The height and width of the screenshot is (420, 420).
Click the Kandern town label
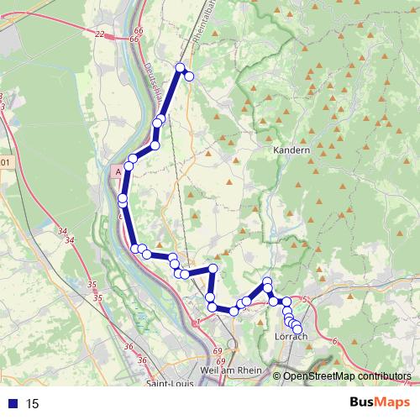point(291,150)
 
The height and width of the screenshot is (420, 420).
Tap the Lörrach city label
point(291,337)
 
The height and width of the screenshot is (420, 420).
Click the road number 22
point(101,34)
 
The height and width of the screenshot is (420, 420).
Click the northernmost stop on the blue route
point(180,67)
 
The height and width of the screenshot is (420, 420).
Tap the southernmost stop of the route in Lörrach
point(297,328)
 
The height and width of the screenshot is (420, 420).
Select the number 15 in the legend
point(33,404)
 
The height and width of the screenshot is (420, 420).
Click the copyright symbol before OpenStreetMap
point(277,376)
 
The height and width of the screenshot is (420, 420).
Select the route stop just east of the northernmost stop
point(190,76)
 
